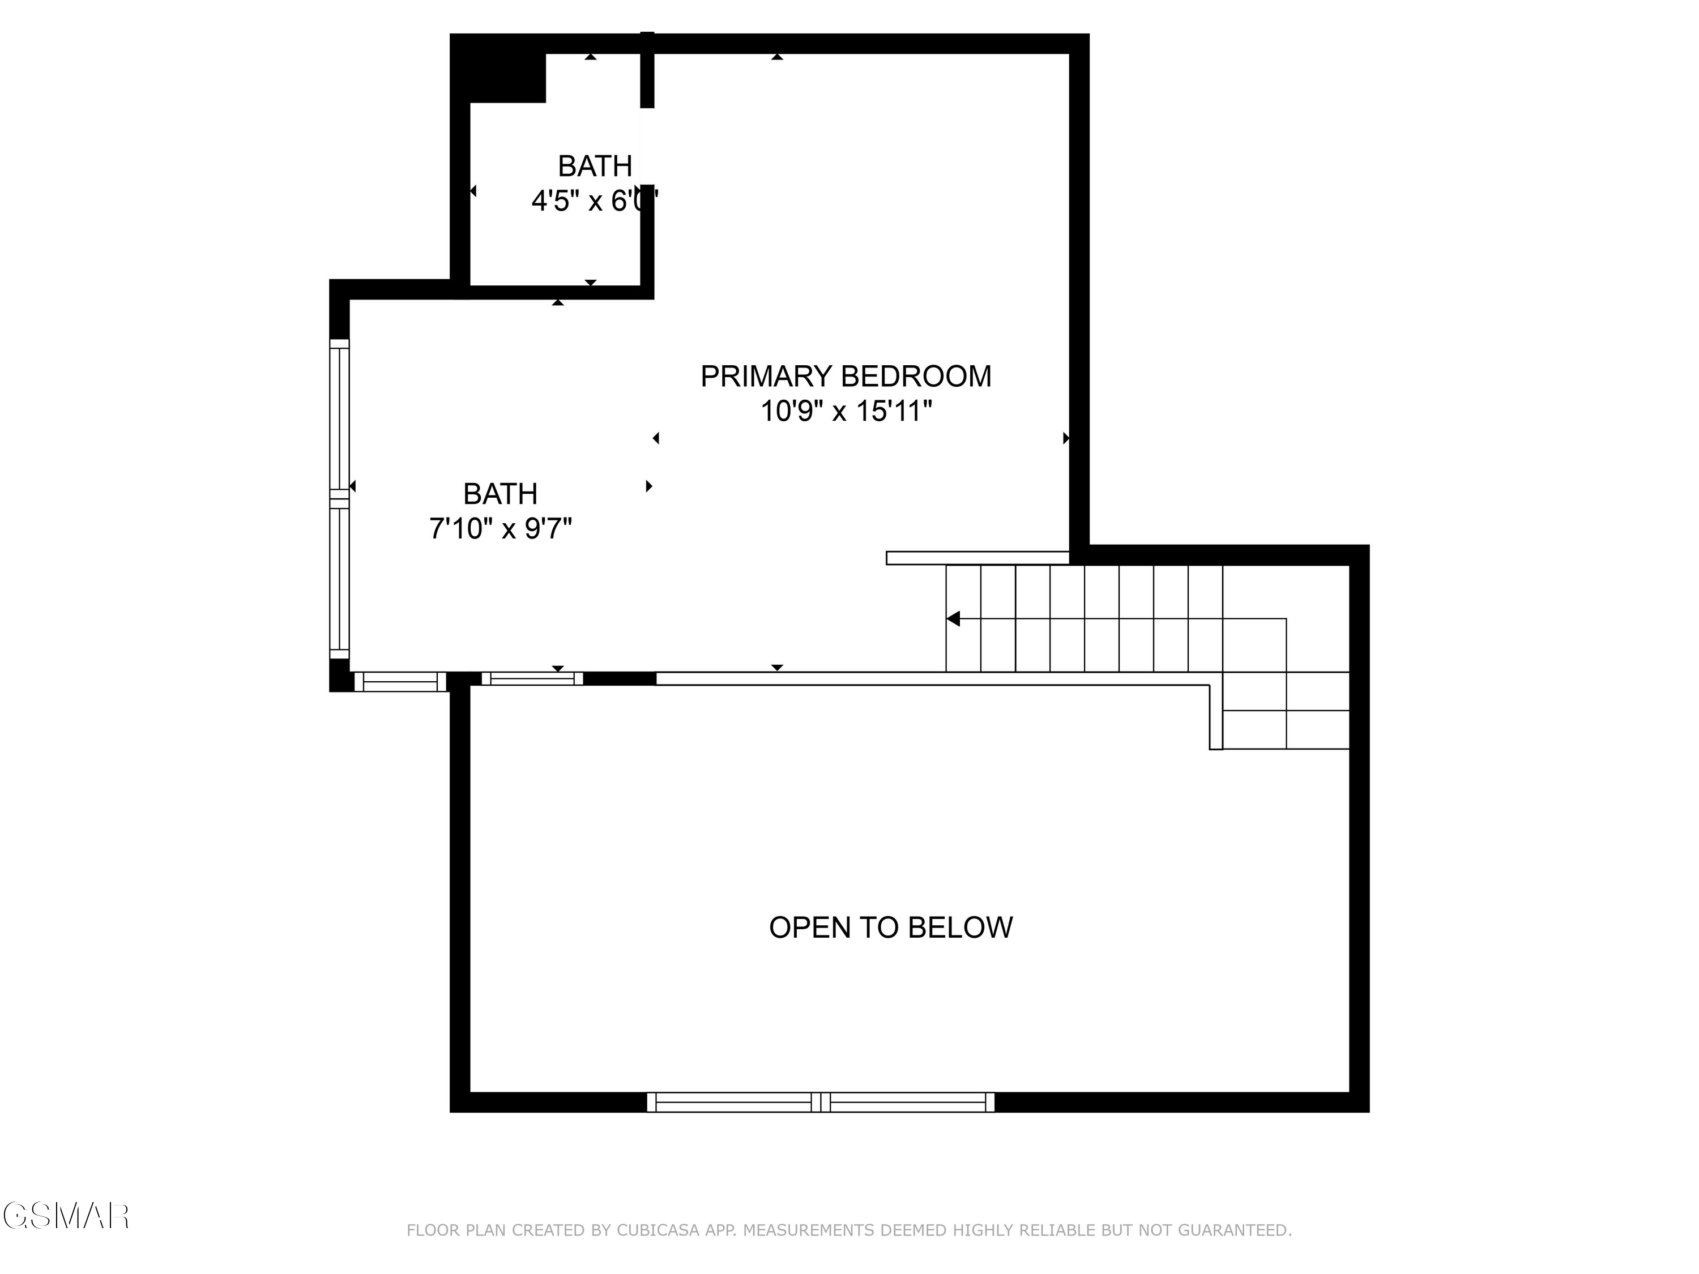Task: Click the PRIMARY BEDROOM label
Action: tap(846, 377)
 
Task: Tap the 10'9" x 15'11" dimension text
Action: tap(846, 412)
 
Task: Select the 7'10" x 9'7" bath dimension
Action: tap(500, 529)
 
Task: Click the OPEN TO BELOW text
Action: tap(890, 927)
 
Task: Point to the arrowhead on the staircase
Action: tap(953, 618)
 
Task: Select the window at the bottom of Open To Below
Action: tap(820, 1102)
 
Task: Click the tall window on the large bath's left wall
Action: tap(339, 499)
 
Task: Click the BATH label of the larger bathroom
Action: tap(500, 494)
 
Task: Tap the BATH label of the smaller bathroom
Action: tap(595, 166)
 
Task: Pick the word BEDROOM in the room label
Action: tap(916, 377)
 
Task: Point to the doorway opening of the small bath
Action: tap(647, 146)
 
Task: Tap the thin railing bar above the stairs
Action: tap(977, 558)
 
